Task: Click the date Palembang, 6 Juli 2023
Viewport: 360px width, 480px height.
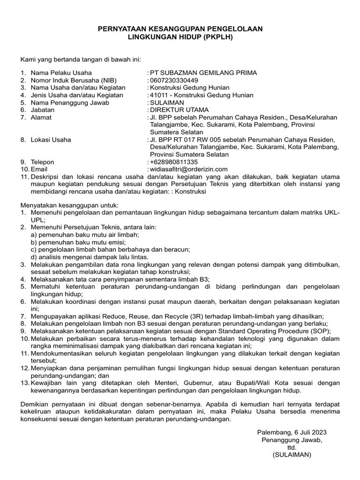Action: (292, 432)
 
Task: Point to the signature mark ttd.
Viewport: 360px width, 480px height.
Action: (292, 447)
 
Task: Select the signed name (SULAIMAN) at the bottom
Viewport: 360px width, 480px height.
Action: (292, 455)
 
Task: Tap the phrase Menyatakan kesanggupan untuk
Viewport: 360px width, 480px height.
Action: (69, 205)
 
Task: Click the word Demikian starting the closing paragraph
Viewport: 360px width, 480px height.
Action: (35, 404)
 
